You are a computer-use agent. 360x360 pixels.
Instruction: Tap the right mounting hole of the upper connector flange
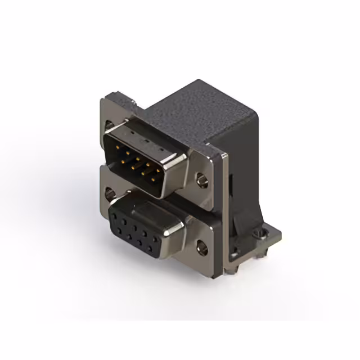(x=201, y=181)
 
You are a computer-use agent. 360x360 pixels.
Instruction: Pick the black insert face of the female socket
(x=135, y=228)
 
